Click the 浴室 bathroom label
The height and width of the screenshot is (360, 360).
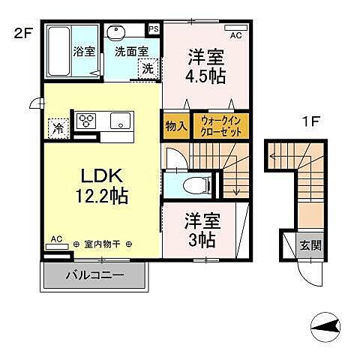click(x=82, y=54)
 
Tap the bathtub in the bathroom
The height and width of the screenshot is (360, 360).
click(x=59, y=52)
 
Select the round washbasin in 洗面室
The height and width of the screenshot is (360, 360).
click(x=117, y=33)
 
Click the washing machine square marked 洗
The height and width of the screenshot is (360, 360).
click(x=147, y=67)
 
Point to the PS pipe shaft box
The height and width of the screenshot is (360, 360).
click(x=154, y=29)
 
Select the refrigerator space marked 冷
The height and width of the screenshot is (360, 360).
click(x=57, y=127)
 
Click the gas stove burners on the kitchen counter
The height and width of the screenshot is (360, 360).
click(x=85, y=121)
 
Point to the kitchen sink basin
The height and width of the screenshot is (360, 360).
click(x=120, y=121)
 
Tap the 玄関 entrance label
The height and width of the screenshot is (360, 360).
click(x=310, y=244)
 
